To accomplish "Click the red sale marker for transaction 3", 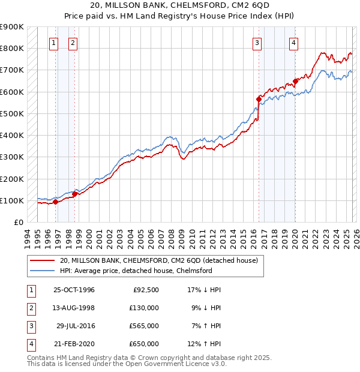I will [x=259, y=99].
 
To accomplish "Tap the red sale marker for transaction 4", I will [x=295, y=81].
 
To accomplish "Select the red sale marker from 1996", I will [x=55, y=202].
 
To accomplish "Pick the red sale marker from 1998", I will [x=74, y=193].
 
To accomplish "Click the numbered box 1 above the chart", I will [x=54, y=42].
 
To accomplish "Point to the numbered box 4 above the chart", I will [x=293, y=42].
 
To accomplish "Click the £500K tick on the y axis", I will [x=11, y=113].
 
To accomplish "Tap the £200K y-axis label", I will [x=11, y=179].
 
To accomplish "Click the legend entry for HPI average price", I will [x=136, y=271].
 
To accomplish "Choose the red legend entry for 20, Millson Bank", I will [x=158, y=260].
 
